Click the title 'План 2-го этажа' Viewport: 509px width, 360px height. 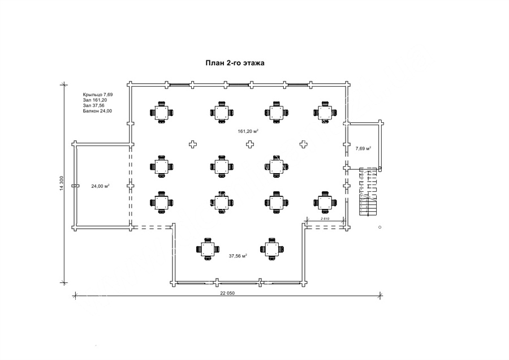tap(235, 63)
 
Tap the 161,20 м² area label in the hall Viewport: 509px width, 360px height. tap(248, 131)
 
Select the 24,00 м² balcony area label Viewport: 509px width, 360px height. tap(100, 186)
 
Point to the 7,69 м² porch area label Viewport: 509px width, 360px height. tap(363, 148)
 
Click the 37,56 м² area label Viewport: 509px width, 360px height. tap(238, 256)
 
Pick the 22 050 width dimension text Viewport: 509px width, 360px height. tap(227, 293)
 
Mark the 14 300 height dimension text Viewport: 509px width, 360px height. tap(61, 183)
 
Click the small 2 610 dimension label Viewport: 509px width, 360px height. tap(325, 218)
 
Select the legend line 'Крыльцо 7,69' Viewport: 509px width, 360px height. tap(98, 95)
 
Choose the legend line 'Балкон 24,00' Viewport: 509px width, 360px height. tap(97, 111)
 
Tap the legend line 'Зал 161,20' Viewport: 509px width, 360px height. tap(95, 100)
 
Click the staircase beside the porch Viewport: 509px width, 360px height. tap(368, 192)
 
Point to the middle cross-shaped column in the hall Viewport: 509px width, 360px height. tap(249, 144)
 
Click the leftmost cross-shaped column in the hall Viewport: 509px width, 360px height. tap(193, 144)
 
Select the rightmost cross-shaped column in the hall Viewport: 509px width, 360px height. tap(303, 144)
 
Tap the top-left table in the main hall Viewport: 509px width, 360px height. tap(161, 113)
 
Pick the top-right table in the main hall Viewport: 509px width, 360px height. tap(325, 113)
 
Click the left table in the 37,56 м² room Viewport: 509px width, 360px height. tap(208, 249)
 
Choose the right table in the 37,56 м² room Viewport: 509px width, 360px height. tap(271, 249)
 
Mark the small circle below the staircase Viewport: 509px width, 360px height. tap(380, 227)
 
